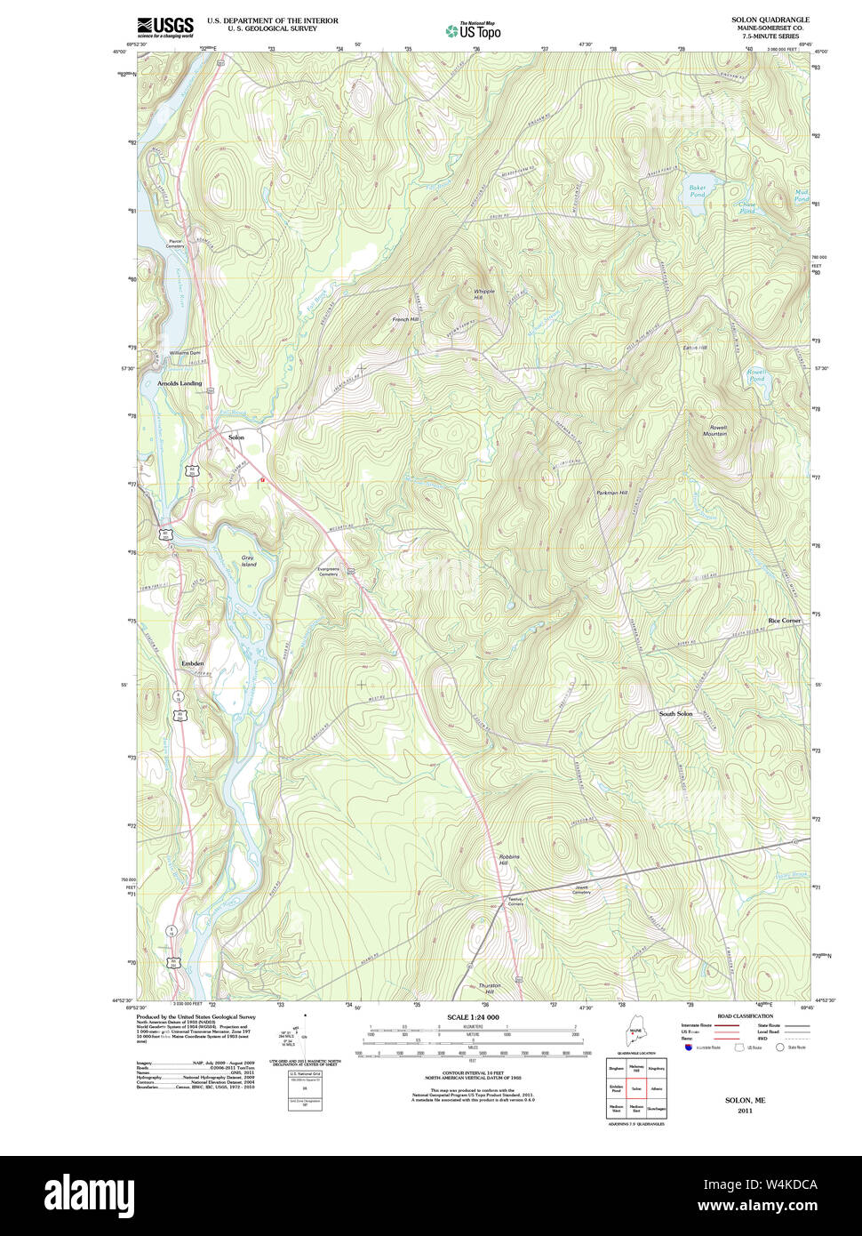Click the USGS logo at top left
click(x=164, y=28)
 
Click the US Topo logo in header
click(x=474, y=30)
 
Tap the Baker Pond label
click(x=697, y=189)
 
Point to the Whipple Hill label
click(x=483, y=293)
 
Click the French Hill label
click(x=405, y=319)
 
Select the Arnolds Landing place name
click(x=180, y=383)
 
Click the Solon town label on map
click(x=236, y=437)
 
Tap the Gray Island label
click(x=248, y=561)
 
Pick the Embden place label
click(x=192, y=663)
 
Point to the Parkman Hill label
click(x=611, y=493)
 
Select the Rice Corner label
click(x=784, y=620)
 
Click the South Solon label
click(x=675, y=714)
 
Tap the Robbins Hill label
click(x=508, y=859)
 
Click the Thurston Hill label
click(x=490, y=988)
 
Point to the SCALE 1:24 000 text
click(x=473, y=1017)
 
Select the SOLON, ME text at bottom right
click(x=745, y=1100)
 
